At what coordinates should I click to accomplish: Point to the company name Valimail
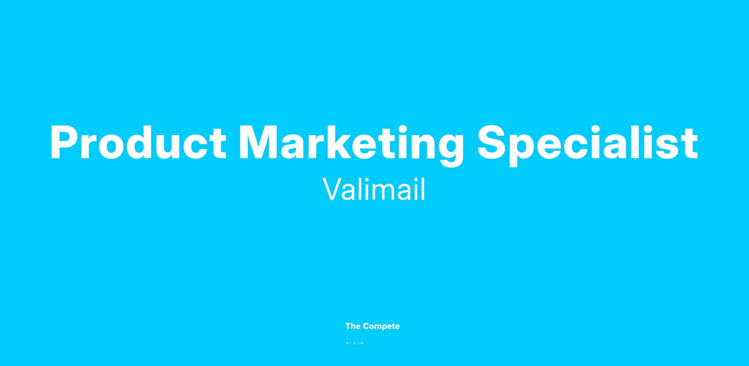(x=374, y=189)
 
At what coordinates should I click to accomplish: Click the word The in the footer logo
(x=353, y=326)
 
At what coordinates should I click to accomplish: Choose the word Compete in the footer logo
(x=381, y=327)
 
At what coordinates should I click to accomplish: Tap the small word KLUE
(x=359, y=343)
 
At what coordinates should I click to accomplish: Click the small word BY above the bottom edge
(x=349, y=343)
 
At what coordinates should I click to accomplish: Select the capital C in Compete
(x=366, y=326)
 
